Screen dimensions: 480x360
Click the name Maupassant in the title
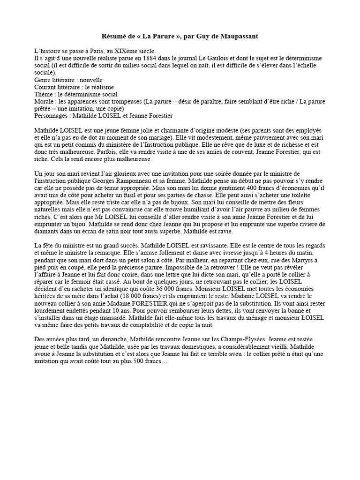[x=238, y=36]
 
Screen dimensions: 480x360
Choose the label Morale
[x=45, y=101]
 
